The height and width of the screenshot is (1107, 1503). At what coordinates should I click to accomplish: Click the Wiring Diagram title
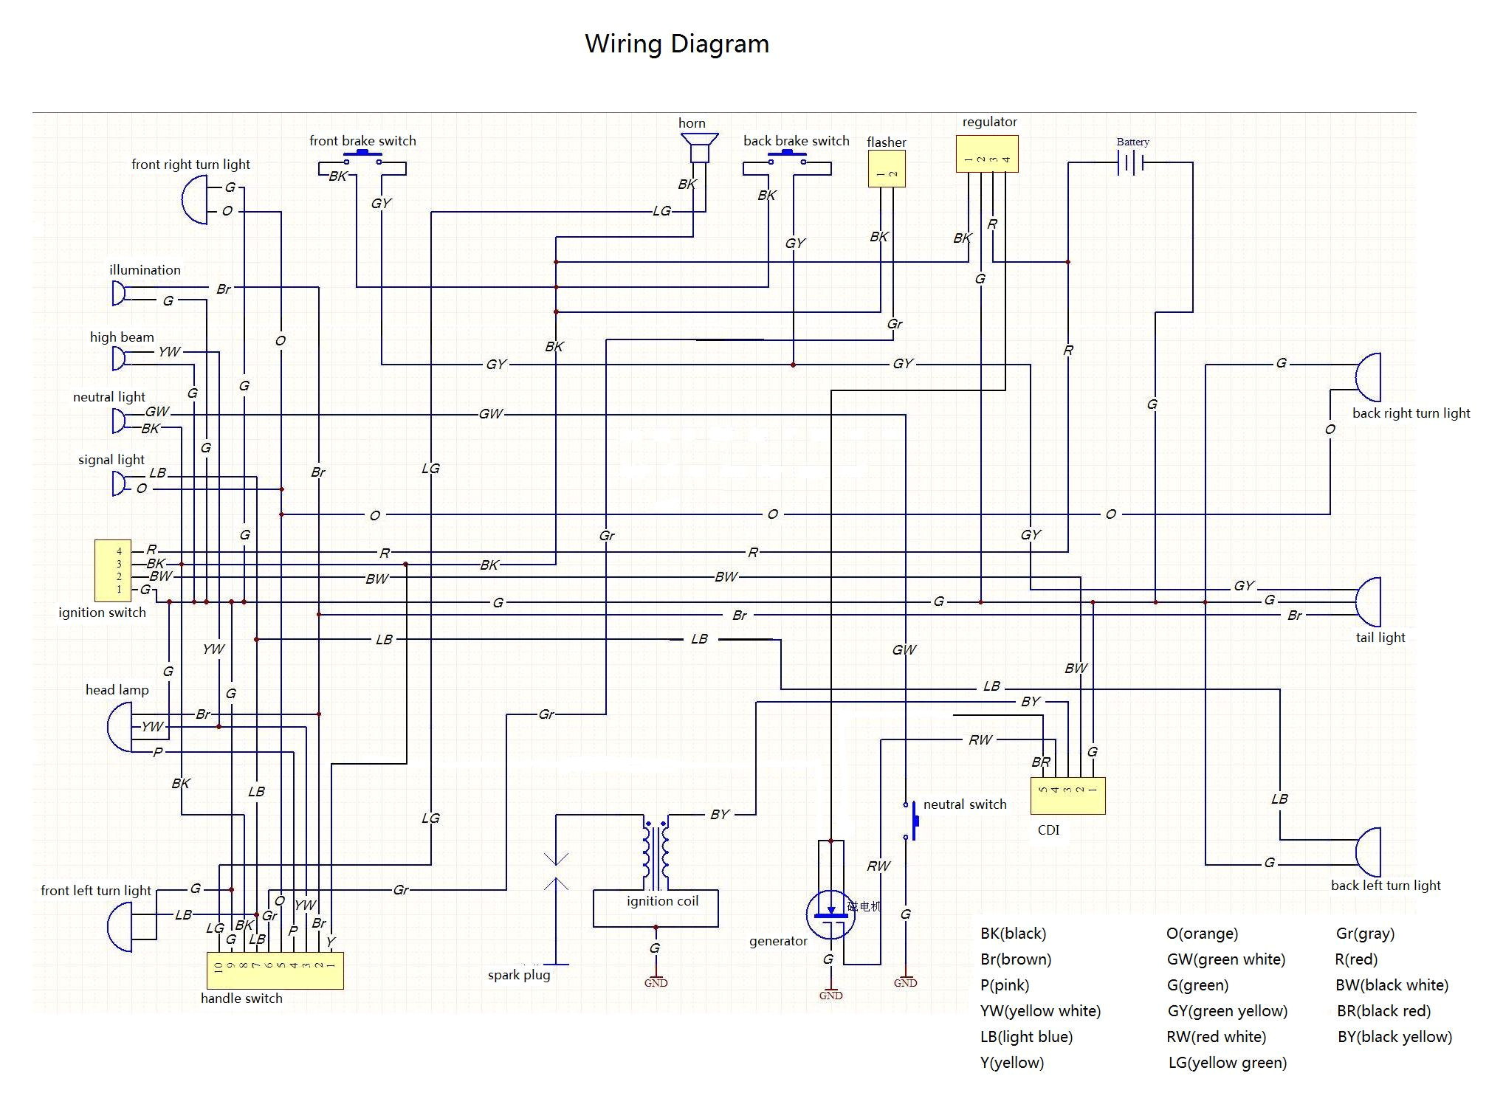click(676, 44)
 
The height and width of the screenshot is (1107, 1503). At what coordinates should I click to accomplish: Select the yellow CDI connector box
click(1067, 796)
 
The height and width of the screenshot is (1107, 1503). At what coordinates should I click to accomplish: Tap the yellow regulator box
click(987, 154)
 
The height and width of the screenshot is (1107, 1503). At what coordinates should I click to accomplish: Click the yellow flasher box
click(886, 169)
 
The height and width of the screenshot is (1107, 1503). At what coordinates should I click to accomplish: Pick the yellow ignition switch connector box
click(113, 570)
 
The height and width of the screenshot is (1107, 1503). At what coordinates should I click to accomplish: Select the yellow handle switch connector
click(275, 970)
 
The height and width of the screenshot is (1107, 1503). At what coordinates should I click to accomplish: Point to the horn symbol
click(698, 148)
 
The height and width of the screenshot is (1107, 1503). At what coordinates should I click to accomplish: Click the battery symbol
click(1131, 162)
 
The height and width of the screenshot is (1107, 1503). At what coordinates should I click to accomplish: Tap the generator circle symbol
click(830, 915)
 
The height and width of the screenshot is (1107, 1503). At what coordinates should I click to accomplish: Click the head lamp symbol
click(120, 727)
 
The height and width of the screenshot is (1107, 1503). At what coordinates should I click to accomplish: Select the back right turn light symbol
click(1369, 377)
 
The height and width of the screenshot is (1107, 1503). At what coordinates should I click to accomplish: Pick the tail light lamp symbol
click(1369, 601)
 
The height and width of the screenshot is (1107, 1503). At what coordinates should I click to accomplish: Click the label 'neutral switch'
click(964, 804)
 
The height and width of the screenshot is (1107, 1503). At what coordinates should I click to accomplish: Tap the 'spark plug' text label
click(518, 975)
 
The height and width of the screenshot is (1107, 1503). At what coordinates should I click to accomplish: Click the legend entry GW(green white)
click(1225, 959)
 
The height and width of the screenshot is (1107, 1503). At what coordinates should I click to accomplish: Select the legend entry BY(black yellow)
click(1394, 1037)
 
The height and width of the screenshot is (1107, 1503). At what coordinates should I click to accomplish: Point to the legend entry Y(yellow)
click(1011, 1063)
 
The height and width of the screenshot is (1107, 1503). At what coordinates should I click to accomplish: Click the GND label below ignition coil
click(656, 983)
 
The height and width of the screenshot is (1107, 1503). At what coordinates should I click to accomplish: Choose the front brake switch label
click(362, 141)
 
